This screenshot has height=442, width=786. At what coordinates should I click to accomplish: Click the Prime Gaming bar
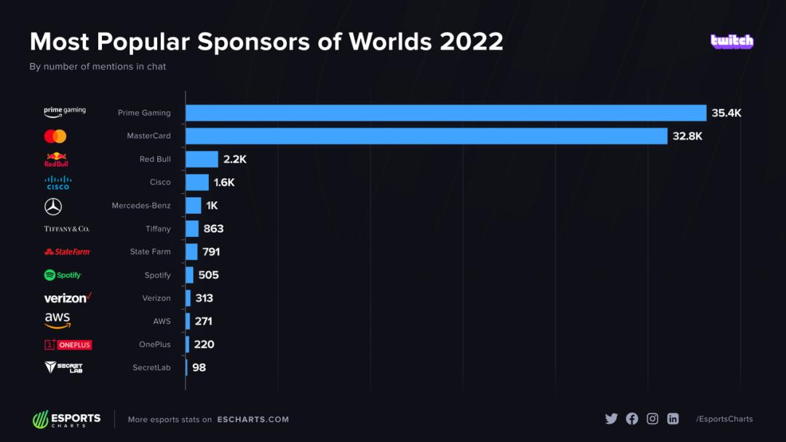445,113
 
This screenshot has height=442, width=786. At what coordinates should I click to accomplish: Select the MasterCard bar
426,136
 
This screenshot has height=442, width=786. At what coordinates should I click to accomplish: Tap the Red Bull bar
202,159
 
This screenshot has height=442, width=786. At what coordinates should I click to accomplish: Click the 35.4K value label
726,113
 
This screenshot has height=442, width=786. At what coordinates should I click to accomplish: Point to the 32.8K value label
687,136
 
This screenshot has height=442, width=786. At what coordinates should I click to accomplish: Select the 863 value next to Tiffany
213,228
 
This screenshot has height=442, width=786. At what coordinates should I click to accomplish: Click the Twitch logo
731,41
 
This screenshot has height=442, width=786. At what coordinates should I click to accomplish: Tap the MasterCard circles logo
55,136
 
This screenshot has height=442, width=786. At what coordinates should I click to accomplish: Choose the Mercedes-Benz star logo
53,206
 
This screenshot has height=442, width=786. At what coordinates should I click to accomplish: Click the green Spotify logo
63,275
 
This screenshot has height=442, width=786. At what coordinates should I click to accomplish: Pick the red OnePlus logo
68,345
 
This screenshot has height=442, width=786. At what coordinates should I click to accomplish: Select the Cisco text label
160,182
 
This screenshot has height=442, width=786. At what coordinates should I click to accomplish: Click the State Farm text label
150,252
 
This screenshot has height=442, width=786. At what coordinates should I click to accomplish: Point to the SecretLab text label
151,368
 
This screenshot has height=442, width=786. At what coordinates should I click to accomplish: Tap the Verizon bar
188,298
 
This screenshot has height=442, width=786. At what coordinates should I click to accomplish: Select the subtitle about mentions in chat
98,67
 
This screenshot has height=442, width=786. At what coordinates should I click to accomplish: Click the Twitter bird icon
611,419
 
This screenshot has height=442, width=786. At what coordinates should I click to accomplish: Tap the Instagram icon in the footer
653,419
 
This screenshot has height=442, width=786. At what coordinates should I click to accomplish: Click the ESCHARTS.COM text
253,419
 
